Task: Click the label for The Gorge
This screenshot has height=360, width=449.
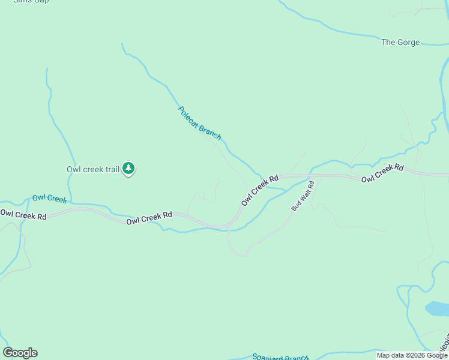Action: coord(400,42)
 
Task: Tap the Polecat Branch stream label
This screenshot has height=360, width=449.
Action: coord(200,123)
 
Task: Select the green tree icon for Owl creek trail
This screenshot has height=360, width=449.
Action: coord(128,169)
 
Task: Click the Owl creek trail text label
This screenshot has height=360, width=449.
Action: coord(93,169)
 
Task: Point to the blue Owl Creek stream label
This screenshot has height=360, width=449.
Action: coord(49,198)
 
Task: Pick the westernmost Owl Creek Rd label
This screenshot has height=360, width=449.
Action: coord(23,214)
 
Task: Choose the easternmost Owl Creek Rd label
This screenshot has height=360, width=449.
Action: coord(382,173)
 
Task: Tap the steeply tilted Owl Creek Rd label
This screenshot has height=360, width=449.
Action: coord(261,191)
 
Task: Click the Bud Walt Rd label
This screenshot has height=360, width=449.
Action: coord(303,196)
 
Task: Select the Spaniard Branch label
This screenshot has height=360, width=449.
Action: coord(280,357)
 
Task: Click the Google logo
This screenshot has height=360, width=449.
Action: coord(20,353)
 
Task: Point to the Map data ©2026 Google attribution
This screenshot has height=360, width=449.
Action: coord(412,355)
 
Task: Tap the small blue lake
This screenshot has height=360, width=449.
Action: coord(436,308)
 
